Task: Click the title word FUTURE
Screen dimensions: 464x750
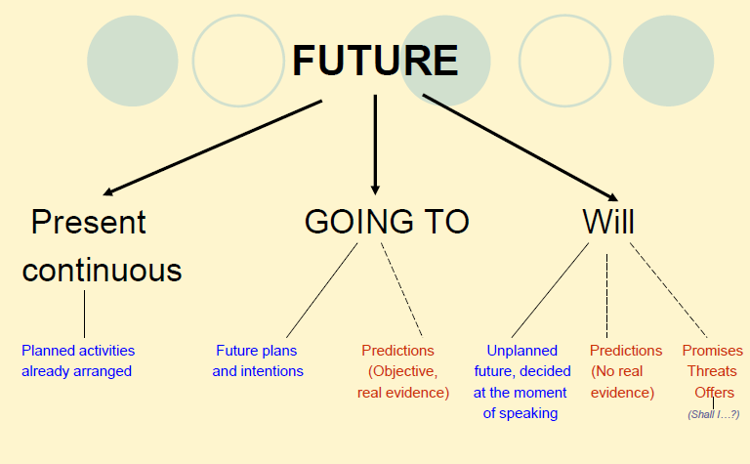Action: tap(375, 61)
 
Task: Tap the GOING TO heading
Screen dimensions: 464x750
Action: tap(387, 222)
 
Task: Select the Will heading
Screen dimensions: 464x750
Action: tap(608, 222)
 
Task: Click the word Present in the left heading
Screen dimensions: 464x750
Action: tap(88, 222)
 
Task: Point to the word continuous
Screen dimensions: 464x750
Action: tap(102, 269)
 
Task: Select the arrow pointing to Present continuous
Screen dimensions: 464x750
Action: tap(210, 147)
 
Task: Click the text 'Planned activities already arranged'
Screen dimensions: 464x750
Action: tap(78, 360)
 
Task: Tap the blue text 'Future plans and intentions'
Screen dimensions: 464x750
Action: tap(258, 360)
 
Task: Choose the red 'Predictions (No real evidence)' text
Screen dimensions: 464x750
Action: tap(625, 371)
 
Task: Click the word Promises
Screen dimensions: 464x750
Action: tap(712, 350)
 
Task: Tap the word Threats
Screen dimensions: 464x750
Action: tap(712, 371)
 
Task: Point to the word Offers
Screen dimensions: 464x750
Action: tap(714, 392)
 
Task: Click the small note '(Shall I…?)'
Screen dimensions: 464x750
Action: tap(713, 414)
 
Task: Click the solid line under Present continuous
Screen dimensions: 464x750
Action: tap(84, 314)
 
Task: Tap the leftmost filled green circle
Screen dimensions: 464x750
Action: tap(132, 61)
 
